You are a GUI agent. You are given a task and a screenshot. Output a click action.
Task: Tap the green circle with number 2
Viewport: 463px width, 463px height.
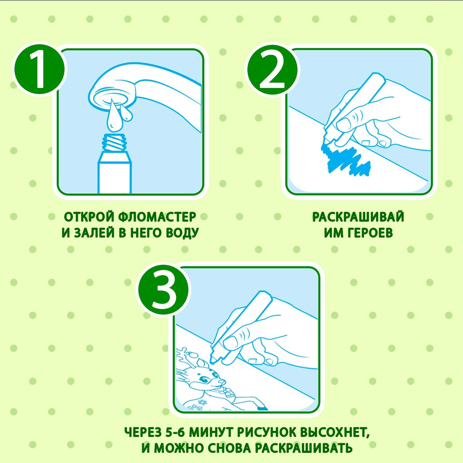[272, 70]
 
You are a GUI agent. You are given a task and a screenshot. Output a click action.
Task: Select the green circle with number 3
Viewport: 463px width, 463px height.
[163, 288]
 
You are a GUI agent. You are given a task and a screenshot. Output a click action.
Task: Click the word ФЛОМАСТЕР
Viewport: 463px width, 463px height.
[157, 217]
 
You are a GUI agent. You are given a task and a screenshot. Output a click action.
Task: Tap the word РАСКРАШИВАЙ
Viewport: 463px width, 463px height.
[358, 217]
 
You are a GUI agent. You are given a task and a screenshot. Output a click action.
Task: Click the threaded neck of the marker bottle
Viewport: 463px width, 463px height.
[115, 142]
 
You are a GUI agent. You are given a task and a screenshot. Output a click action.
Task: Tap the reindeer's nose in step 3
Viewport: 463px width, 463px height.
[222, 382]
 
